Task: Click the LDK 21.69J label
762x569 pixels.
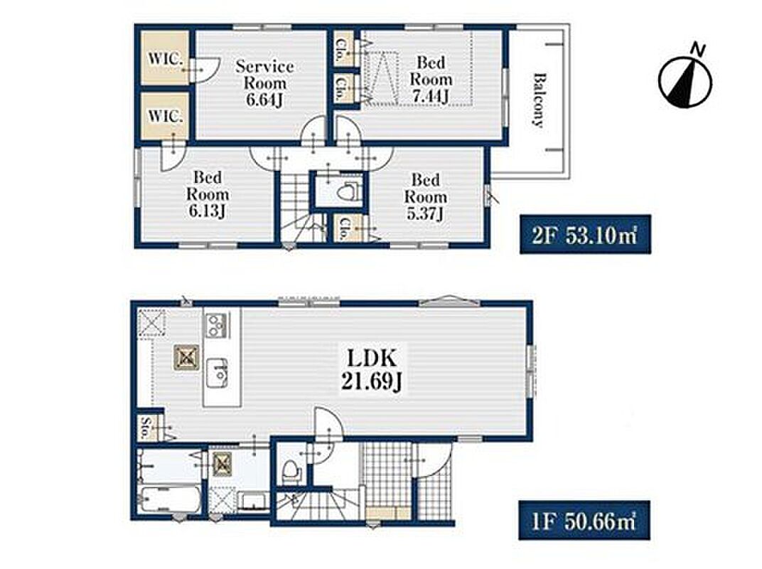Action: (x=372, y=370)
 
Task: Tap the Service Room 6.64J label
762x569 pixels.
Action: (x=265, y=83)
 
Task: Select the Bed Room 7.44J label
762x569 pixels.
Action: (x=431, y=79)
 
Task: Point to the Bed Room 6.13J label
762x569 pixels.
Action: (x=208, y=194)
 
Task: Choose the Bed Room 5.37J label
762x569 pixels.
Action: (x=426, y=196)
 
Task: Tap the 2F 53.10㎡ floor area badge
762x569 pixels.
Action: (x=585, y=235)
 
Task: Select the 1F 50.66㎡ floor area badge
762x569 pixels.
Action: (x=584, y=521)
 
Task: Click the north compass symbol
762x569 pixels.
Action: (x=685, y=78)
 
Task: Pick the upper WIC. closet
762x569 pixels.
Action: (x=165, y=58)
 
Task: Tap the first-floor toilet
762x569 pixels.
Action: (x=291, y=470)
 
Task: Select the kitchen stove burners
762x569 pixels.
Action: (x=216, y=325)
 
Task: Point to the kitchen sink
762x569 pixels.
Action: (x=218, y=373)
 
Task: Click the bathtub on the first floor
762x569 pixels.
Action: (x=170, y=499)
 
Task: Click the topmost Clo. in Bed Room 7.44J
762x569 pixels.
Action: (x=345, y=48)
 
